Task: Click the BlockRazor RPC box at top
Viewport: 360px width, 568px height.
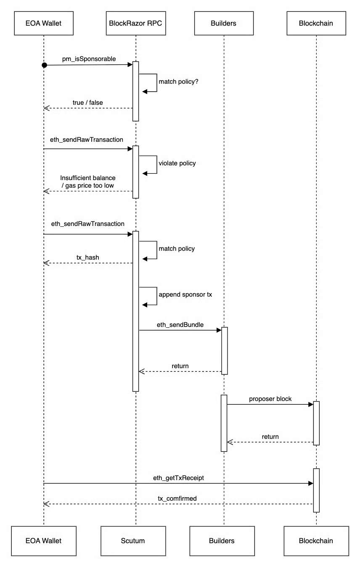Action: coord(135,23)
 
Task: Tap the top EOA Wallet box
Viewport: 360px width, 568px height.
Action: coord(44,23)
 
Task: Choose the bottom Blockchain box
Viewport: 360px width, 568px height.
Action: coord(316,540)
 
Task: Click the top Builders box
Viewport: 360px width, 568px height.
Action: coord(224,23)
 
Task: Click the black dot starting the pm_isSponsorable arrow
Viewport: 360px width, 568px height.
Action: coord(44,65)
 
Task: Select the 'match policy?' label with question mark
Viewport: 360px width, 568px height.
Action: coord(178,81)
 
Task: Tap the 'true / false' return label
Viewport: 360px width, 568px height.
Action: coord(87,102)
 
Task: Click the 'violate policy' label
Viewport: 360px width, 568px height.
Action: coord(177,163)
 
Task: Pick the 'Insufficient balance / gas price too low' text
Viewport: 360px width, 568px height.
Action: coord(87,181)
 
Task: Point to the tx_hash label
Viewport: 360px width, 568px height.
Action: coord(87,256)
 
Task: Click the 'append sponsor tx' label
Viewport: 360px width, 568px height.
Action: coord(185,295)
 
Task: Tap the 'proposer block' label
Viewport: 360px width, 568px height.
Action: coord(270,398)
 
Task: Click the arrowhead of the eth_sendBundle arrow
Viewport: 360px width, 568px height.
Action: coord(219,330)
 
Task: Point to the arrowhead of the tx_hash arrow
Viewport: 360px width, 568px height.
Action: coord(47,263)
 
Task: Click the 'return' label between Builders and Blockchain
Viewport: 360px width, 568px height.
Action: coord(270,436)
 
